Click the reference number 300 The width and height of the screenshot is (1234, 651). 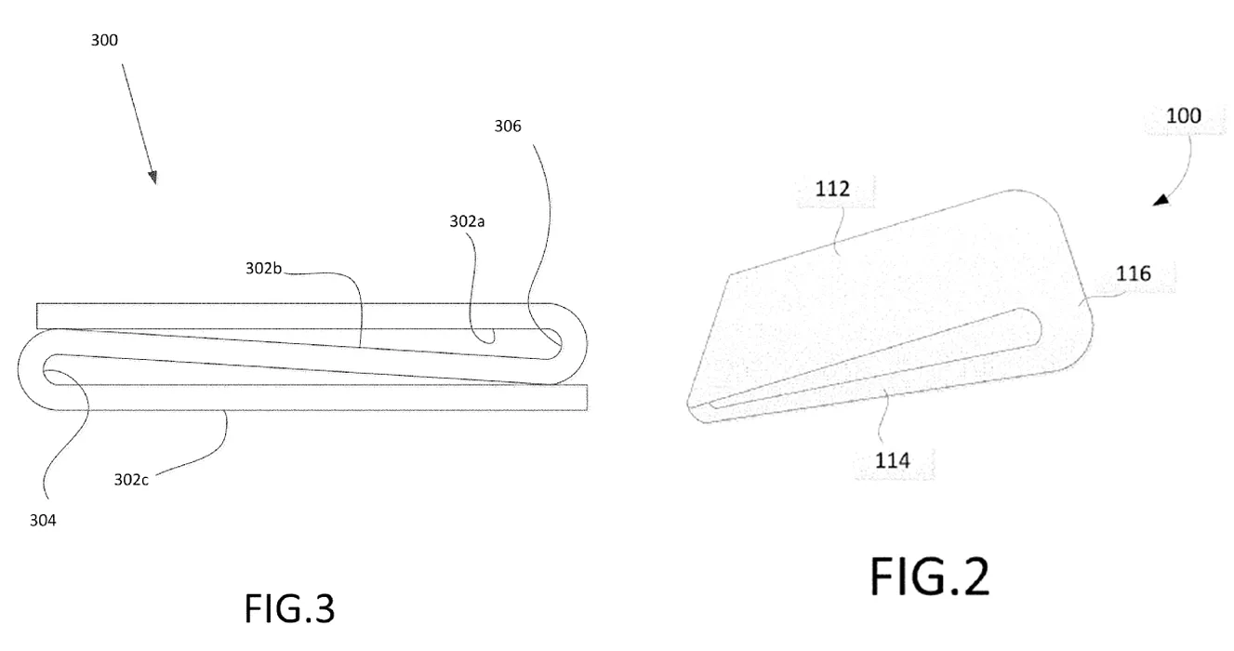[x=104, y=40]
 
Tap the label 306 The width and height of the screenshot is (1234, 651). [x=508, y=126]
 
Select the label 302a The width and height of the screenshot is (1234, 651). [x=467, y=221]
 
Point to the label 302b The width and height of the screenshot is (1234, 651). [x=263, y=268]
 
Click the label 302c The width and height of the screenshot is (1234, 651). [x=131, y=480]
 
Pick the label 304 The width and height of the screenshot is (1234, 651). [x=43, y=521]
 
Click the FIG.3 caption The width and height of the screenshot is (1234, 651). [x=289, y=608]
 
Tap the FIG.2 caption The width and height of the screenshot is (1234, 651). [x=930, y=577]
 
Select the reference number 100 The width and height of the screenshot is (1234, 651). [x=1183, y=115]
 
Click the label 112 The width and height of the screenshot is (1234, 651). [x=832, y=189]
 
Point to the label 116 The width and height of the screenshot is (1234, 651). [x=1134, y=273]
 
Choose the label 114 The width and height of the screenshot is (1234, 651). [x=893, y=460]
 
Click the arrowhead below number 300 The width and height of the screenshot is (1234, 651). [x=153, y=178]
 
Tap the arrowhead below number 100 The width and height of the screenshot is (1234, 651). [x=1161, y=200]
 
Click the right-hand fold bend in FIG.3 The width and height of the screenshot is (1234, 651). [x=573, y=343]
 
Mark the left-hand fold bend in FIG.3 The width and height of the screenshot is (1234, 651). [x=31, y=369]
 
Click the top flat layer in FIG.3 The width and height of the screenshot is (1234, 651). [x=292, y=316]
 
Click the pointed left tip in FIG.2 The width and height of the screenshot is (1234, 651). [x=690, y=405]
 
